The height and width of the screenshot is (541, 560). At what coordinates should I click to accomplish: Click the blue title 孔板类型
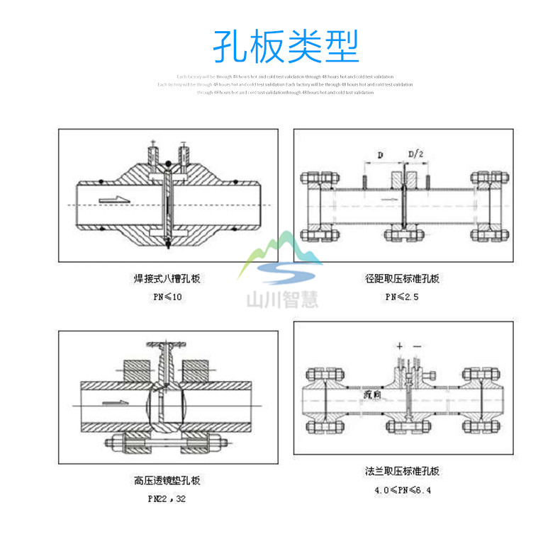[286, 46]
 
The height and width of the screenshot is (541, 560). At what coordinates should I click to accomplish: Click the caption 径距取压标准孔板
[402, 278]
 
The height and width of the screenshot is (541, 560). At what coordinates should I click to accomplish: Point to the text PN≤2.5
[402, 297]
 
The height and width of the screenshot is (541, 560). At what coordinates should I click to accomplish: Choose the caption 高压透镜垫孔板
[167, 481]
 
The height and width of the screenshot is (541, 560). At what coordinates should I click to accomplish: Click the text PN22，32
[167, 499]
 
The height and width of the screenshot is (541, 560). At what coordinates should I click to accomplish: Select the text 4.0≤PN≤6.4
[403, 489]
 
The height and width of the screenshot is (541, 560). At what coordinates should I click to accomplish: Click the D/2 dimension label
[415, 154]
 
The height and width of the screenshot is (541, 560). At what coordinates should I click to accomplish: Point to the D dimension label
[380, 154]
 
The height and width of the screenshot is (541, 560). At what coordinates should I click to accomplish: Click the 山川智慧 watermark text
[281, 300]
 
